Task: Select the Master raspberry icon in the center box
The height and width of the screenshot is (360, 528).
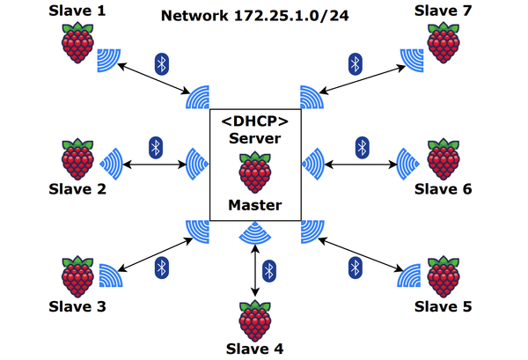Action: (x=255, y=172)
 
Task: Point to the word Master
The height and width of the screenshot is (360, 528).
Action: (x=255, y=205)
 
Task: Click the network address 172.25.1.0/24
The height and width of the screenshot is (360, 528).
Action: (x=302, y=16)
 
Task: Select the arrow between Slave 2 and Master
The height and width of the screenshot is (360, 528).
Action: (x=156, y=163)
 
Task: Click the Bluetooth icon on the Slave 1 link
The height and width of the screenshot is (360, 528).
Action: (x=161, y=62)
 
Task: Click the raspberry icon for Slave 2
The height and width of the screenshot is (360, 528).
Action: (x=78, y=158)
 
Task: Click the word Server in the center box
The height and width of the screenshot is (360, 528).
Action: (x=255, y=139)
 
